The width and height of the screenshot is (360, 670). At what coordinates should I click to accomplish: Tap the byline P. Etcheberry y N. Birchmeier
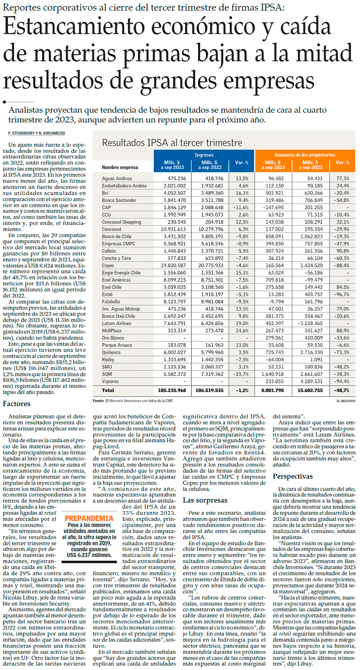37,133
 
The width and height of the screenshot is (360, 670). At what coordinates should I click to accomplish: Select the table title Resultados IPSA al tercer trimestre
172,143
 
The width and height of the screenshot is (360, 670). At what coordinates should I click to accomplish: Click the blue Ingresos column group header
204,155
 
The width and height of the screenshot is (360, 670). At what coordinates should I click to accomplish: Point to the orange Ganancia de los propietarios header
304,155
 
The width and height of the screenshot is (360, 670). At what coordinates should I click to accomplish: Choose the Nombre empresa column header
120,167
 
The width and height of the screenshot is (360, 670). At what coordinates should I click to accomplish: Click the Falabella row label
111,302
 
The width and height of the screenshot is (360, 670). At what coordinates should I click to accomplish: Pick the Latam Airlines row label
117,323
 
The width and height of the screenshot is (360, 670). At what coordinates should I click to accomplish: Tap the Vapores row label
110,381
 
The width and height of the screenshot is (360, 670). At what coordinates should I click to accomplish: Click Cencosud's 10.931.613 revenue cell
173,229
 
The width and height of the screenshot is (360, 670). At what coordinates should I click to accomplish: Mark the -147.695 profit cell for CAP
273,207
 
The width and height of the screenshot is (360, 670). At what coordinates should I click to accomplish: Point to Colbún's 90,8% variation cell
343,251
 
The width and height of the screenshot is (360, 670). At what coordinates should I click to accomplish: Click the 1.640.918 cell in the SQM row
273,374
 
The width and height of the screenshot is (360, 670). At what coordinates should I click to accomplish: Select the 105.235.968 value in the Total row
172,390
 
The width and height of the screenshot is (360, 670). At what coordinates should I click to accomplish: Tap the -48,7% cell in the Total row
341,390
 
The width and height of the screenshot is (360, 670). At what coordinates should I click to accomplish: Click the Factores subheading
17,404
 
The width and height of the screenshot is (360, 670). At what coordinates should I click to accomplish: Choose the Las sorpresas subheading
205,500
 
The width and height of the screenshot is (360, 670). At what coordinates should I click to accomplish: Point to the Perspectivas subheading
293,477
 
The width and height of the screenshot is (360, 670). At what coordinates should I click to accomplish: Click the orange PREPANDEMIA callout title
89,519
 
